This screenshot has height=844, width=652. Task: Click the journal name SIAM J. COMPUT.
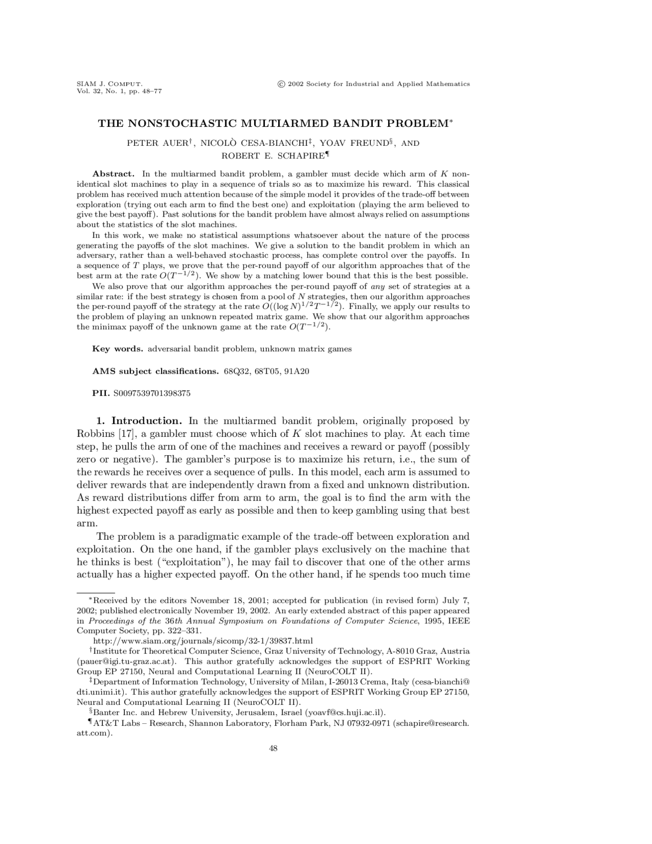109,84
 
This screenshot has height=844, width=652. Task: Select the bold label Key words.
117,349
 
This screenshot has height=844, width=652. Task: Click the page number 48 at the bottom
273,748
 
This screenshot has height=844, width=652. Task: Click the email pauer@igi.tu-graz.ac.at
127,661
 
